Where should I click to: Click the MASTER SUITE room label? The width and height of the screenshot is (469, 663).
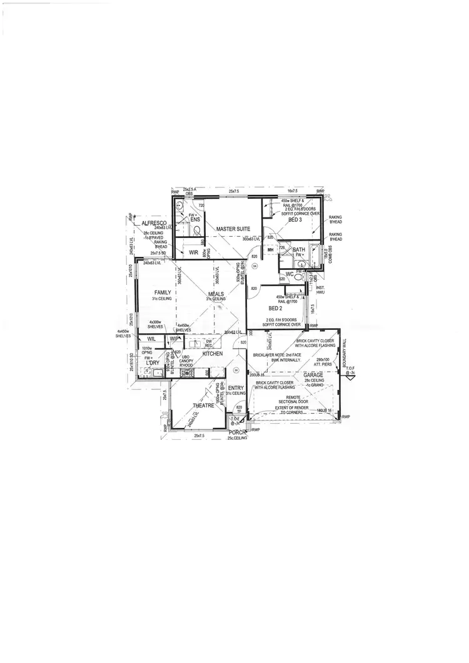click(233, 229)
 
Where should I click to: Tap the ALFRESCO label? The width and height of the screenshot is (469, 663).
click(153, 223)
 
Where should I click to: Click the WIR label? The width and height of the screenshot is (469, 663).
click(193, 252)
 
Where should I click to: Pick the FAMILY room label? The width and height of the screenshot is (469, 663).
click(163, 292)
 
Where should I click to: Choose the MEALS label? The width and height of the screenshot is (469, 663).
click(216, 293)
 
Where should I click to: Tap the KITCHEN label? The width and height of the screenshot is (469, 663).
click(212, 354)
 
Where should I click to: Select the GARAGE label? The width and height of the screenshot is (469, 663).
click(313, 375)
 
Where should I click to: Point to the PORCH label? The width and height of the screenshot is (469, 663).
click(238, 432)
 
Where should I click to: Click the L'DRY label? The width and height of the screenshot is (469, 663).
click(152, 363)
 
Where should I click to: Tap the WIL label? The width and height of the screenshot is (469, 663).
click(151, 339)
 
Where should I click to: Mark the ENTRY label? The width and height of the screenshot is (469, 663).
click(236, 388)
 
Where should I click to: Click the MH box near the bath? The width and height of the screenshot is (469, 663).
click(270, 250)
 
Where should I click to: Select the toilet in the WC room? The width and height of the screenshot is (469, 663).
click(303, 276)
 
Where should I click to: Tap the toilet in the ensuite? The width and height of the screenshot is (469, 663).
click(198, 231)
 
